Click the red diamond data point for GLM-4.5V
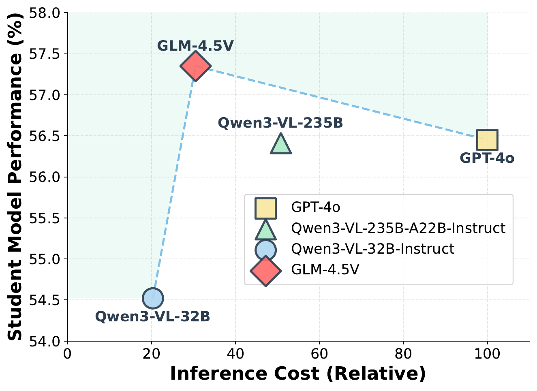196,66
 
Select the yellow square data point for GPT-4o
487,140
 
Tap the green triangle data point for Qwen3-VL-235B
280,145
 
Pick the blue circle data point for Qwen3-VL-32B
153,299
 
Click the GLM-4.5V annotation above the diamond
195,46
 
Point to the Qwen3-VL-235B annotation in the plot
280,123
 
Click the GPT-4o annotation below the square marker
487,158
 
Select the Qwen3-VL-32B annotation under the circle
153,316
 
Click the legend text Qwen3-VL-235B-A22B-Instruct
398,228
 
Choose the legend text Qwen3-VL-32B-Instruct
373,249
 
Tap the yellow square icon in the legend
265,208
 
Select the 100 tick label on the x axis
487,354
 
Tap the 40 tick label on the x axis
235,354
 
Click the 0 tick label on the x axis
68,354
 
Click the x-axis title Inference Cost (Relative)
298,374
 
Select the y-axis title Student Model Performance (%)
15,177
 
